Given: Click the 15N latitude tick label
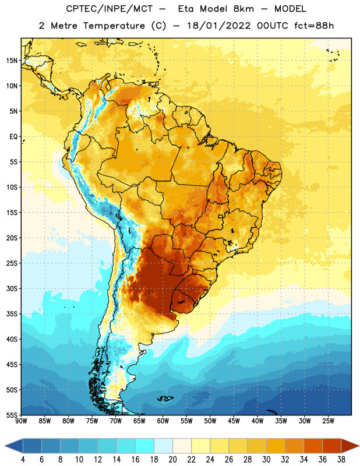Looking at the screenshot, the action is tap(12, 61).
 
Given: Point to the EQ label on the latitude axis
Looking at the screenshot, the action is tap(13, 137).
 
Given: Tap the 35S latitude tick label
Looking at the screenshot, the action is tap(12, 314).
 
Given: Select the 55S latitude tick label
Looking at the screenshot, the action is tap(12, 415).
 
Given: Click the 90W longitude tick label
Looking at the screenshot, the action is tap(21, 421).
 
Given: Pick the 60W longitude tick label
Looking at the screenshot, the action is tap(163, 421).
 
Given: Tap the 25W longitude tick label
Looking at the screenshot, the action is tap(328, 421).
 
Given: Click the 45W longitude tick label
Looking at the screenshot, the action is tap(234, 421).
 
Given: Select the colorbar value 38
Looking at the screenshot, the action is tap(341, 460).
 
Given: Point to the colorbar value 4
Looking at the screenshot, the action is tap(23, 460).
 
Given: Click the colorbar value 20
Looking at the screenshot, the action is tap(172, 460).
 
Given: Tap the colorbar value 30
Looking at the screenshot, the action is tap(266, 460).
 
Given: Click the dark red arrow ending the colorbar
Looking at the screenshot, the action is tap(350, 446).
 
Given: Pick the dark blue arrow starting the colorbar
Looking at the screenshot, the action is tap(14, 446).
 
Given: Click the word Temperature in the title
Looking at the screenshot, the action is tap(114, 26).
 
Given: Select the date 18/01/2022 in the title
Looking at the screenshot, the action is tap(219, 26).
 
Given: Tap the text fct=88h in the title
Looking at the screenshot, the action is tap(314, 26).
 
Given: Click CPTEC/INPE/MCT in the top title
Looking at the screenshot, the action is tap(110, 9).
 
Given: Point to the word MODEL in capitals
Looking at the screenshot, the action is tap(291, 9).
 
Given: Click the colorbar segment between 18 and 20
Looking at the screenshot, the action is tap(164, 446).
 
